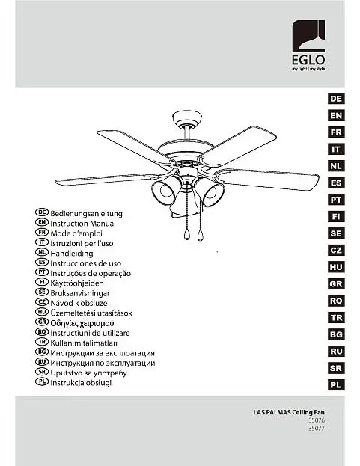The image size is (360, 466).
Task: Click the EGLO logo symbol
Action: [x=308, y=36]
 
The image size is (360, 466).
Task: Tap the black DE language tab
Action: [x=336, y=99]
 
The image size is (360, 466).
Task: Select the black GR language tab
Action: [x=336, y=283]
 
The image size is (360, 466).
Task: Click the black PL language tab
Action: [x=336, y=385]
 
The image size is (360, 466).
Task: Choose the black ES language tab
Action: [x=336, y=183]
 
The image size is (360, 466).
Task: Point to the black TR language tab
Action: [x=336, y=318]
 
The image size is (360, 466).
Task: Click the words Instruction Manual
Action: [x=83, y=224]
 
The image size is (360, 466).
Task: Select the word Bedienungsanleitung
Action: [x=86, y=214]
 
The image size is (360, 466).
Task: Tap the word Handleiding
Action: [x=72, y=254]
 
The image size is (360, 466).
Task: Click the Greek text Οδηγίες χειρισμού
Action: [x=82, y=323]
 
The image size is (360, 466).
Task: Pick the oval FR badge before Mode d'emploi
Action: [x=42, y=232]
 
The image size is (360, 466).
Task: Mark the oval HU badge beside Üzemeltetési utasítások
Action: [x=42, y=312]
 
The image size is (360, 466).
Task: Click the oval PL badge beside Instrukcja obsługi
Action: [x=42, y=381]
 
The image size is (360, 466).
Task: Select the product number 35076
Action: [x=317, y=420]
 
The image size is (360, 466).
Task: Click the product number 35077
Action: [x=317, y=429]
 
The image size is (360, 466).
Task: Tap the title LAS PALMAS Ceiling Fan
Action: [x=289, y=412]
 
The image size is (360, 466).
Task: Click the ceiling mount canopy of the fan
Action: [x=186, y=119]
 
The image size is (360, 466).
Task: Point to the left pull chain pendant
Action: [x=186, y=234]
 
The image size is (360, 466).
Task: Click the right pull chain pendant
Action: [x=200, y=235]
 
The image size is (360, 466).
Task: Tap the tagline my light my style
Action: [x=308, y=69]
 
